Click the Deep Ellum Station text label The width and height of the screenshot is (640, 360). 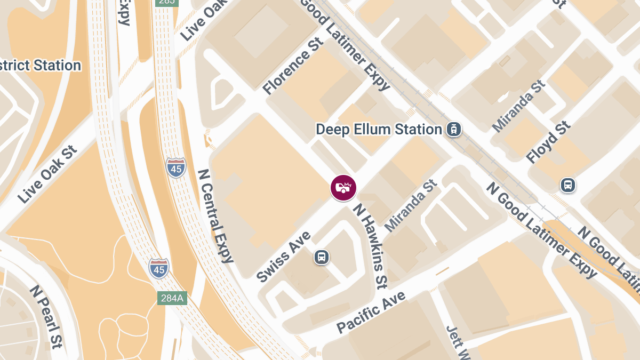pyautogui.click(x=379, y=129)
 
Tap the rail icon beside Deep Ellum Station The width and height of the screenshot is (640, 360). pyautogui.click(x=454, y=129)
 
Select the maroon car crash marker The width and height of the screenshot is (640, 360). pyautogui.click(x=343, y=188)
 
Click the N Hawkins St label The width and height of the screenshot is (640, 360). pyautogui.click(x=369, y=246)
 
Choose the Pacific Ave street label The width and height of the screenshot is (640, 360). pyautogui.click(x=371, y=312)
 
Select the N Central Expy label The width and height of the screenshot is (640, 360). pyautogui.click(x=216, y=216)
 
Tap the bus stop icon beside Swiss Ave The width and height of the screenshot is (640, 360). pyautogui.click(x=321, y=257)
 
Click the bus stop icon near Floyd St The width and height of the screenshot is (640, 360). pyautogui.click(x=568, y=186)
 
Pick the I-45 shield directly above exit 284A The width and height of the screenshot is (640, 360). pyautogui.click(x=159, y=267)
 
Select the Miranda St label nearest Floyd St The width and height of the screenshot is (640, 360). pyautogui.click(x=518, y=106)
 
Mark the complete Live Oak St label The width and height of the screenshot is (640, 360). pyautogui.click(x=47, y=174)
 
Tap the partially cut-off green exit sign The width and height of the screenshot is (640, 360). pyautogui.click(x=167, y=3)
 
